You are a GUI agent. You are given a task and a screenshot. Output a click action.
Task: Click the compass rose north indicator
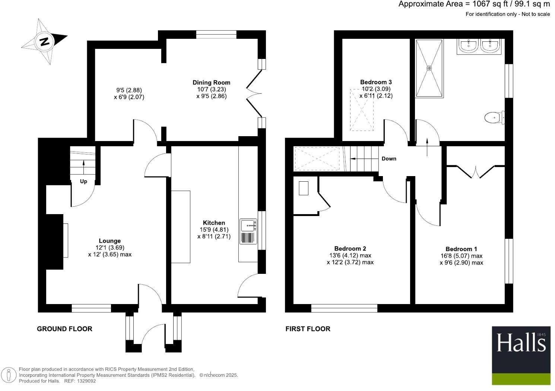[44, 41]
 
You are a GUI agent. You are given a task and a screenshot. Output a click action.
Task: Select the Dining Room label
[211, 82]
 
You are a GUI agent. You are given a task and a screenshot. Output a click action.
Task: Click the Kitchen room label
[214, 223]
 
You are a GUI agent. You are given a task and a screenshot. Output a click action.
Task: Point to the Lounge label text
[110, 241]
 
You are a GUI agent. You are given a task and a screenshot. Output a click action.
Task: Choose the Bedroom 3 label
[376, 82]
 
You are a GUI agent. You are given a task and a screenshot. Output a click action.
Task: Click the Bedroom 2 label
[350, 248]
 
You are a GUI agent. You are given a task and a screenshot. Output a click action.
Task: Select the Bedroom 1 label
[461, 249]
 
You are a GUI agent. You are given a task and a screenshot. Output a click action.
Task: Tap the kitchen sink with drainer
[248, 231]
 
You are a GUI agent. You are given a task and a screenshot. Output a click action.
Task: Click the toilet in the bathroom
[494, 118]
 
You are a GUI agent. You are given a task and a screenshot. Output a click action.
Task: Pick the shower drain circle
[429, 68]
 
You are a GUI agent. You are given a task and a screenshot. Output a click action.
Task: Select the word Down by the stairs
[389, 159]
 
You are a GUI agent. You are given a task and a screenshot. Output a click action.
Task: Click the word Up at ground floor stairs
[83, 181]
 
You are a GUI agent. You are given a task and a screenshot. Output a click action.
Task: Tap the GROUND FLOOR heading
[64, 329]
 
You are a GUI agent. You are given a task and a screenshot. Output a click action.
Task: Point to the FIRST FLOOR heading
[308, 329]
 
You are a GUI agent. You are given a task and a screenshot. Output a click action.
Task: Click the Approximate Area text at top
[474, 4]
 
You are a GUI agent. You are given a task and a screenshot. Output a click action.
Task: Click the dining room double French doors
[255, 94]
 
